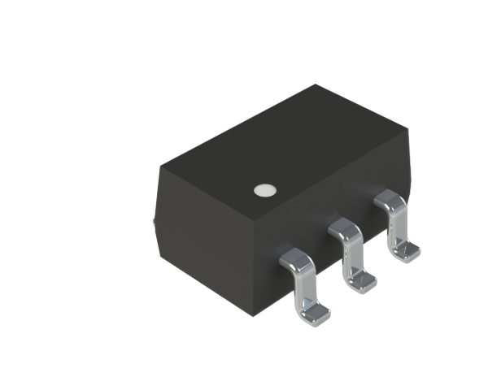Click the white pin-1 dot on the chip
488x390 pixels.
263,189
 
